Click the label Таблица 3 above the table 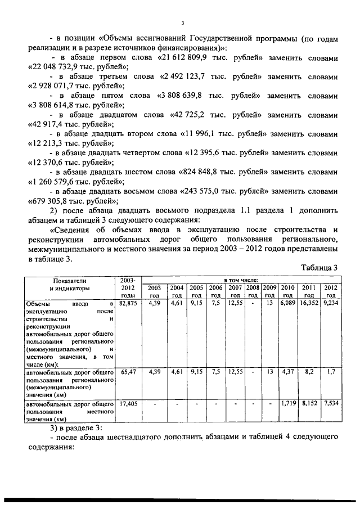pos(317,268)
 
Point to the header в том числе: pos(241,280)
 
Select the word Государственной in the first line pos(219,39)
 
